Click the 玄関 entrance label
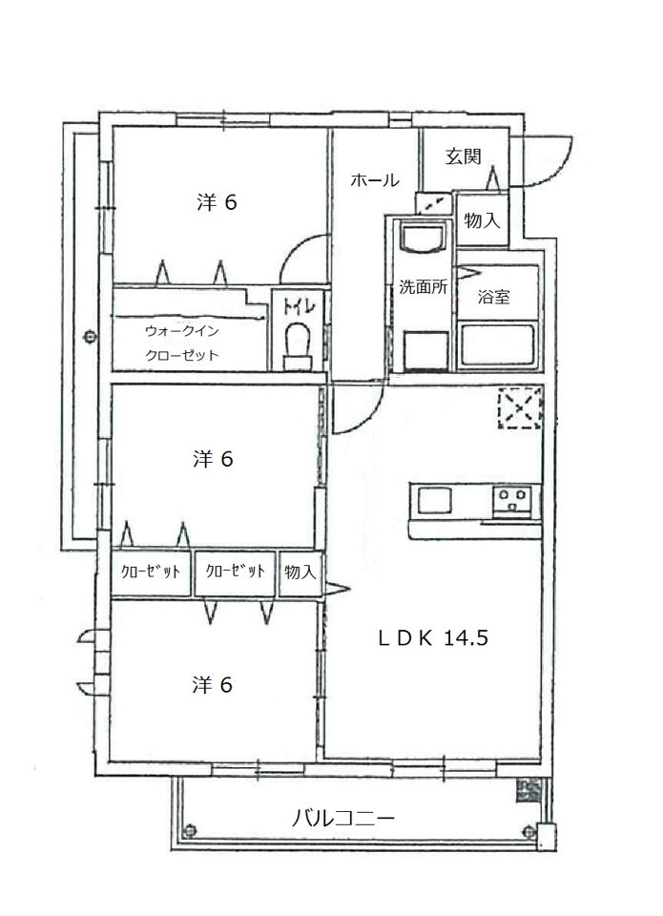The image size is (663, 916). click(464, 156)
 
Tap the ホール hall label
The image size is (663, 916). click(375, 180)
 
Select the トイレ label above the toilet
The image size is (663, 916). click(300, 306)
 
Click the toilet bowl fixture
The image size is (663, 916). click(298, 345)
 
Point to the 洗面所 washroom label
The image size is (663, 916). click(424, 286)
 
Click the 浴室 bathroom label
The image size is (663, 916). click(493, 297)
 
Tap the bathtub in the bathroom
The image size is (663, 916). click(497, 344)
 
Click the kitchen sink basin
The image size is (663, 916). click(434, 501)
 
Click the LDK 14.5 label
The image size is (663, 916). click(433, 637)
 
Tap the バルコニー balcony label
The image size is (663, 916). click(342, 817)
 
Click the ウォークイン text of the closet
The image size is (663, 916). click(181, 331)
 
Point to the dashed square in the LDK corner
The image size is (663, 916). click(520, 407)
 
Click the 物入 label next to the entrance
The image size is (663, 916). click(482, 220)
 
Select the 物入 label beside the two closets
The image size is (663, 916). click(300, 572)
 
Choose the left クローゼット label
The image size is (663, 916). click(150, 572)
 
